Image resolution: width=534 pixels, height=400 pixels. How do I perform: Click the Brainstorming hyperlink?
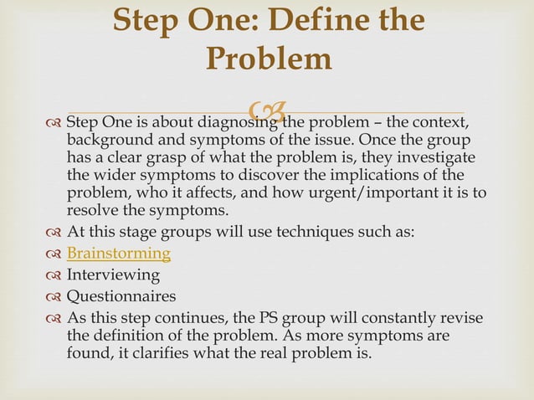(x=118, y=254)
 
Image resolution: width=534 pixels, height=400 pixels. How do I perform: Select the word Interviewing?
(x=113, y=274)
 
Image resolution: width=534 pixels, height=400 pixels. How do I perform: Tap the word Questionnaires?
(x=121, y=295)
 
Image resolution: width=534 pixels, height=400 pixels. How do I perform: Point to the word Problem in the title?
(x=268, y=59)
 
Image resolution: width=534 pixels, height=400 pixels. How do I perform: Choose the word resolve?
(x=91, y=210)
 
